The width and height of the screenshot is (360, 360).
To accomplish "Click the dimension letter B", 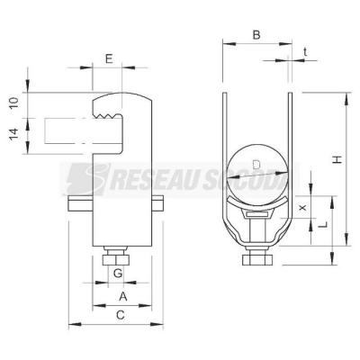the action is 256,35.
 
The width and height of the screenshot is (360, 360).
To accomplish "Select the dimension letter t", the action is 305,52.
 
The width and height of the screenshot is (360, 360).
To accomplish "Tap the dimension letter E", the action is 109,59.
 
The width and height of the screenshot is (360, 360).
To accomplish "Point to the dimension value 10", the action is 14,103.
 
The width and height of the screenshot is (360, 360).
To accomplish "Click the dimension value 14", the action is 14,134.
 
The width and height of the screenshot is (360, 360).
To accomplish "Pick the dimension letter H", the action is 337,159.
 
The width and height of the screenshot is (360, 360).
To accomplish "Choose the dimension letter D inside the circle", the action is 256,165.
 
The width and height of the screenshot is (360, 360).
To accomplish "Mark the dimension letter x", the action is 303,207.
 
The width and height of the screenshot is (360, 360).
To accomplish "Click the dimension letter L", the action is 323,224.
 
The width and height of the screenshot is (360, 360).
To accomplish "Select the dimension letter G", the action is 118,273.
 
